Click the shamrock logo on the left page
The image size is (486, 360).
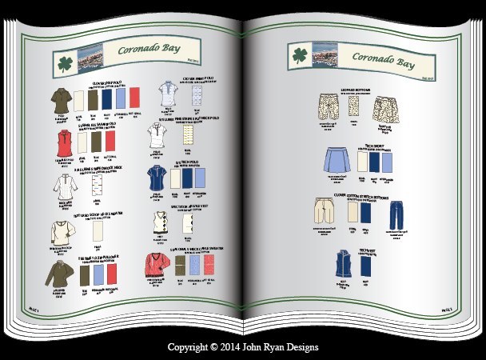click(63, 64)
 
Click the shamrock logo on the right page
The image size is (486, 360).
click(300, 56)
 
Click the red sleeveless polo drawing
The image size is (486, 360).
click(62, 143)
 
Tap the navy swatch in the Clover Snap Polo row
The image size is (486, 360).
click(106, 99)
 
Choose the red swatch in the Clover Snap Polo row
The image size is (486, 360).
click(133, 99)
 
